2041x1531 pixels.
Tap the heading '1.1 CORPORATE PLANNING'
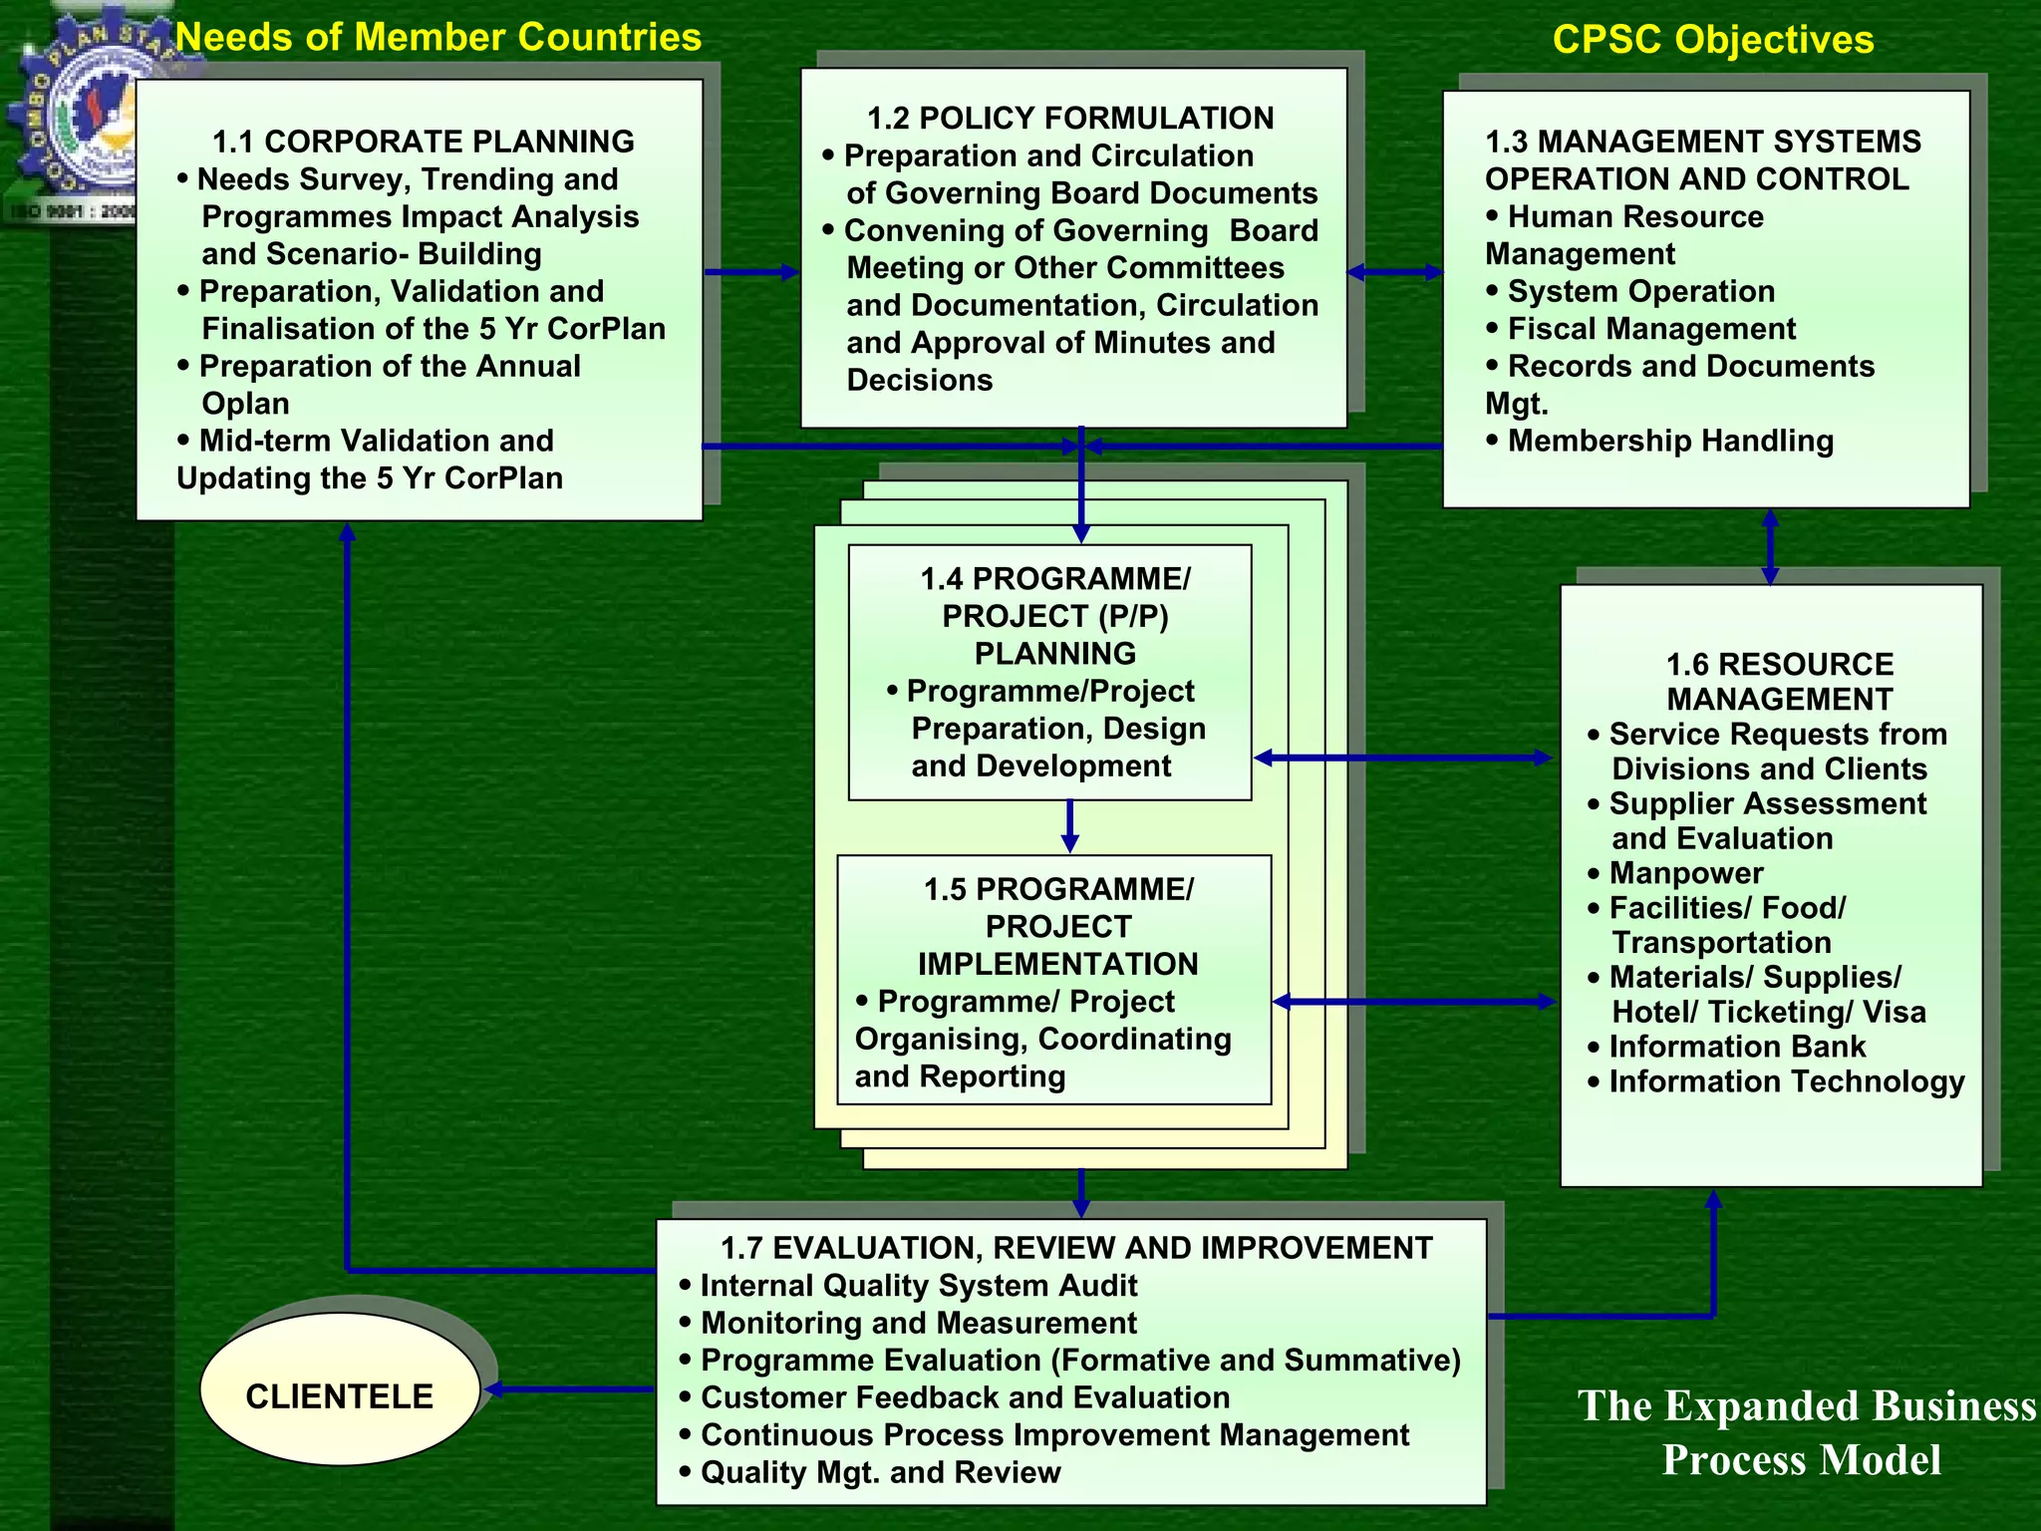click(424, 142)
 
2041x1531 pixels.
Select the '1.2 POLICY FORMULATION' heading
click(1070, 118)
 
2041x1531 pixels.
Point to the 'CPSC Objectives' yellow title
click(1712, 40)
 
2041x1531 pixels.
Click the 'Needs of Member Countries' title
click(438, 38)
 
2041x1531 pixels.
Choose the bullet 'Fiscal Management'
click(1650, 329)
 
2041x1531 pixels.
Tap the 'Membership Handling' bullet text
click(1669, 441)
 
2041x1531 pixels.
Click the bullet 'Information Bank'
click(1736, 1047)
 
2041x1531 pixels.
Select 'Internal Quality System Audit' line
click(918, 1286)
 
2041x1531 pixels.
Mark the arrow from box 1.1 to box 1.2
click(751, 272)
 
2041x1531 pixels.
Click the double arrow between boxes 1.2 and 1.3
click(1395, 272)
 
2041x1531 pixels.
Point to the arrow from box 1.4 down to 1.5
click(1069, 826)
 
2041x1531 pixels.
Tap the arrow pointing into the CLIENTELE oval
click(568, 1389)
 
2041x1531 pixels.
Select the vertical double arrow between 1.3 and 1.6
click(1770, 546)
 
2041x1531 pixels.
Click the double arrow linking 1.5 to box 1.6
click(1414, 1002)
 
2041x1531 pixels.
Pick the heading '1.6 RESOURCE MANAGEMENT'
click(1779, 682)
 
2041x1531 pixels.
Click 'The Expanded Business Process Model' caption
click(1804, 1432)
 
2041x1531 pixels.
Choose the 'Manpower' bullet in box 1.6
click(1685, 873)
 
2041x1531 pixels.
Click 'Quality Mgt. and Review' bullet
click(880, 1472)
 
